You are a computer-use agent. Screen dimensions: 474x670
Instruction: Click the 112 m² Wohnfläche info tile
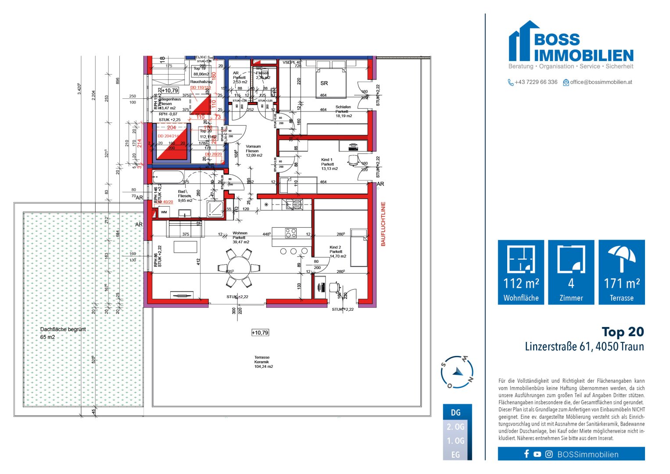521,272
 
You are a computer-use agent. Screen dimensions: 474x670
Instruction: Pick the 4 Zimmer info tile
571,272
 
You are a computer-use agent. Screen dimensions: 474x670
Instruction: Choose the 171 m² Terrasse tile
621,272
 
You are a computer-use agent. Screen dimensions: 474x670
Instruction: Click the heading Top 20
623,332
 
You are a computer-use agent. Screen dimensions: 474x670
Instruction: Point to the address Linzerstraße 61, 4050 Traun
584,347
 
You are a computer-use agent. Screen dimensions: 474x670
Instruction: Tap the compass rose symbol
457,372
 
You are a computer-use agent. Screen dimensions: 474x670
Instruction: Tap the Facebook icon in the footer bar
527,454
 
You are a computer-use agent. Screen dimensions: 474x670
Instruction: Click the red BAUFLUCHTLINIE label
383,223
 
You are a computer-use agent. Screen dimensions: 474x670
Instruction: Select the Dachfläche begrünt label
63,329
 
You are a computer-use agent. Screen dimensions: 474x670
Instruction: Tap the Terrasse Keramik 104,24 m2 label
263,362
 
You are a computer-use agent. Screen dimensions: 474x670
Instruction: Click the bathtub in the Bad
168,177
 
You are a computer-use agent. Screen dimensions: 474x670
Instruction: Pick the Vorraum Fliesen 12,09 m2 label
253,151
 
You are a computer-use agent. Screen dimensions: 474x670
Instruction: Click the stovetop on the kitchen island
290,233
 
